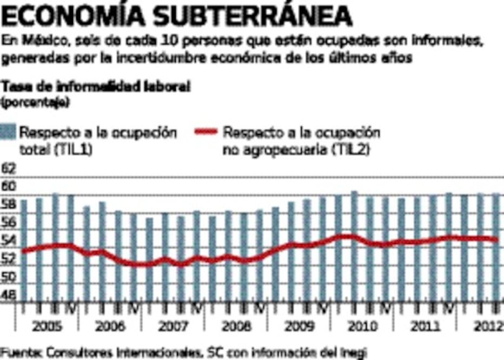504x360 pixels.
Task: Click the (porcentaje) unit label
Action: (x=35, y=101)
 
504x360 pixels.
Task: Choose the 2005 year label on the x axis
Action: (x=47, y=327)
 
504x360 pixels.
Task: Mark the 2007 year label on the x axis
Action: (x=174, y=327)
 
